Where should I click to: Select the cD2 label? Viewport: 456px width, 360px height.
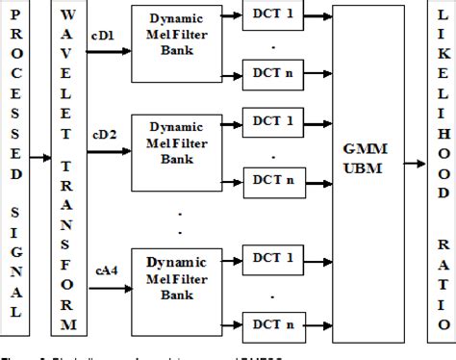point(103,137)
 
